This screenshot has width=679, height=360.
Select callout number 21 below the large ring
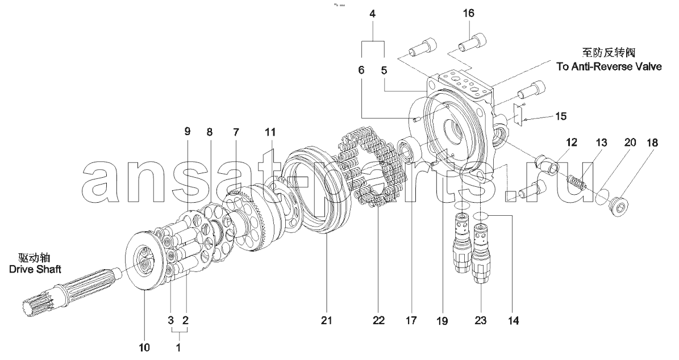(326, 321)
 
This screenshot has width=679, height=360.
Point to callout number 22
(378, 321)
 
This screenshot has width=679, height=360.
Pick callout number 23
(481, 321)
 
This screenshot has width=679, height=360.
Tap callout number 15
(561, 117)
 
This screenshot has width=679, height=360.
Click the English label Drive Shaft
(35, 269)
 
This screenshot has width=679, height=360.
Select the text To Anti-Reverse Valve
(609, 66)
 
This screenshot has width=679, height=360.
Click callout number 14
(513, 321)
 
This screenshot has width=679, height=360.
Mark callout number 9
(187, 132)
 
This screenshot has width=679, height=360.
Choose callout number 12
(572, 143)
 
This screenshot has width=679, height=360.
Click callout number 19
(442, 321)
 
